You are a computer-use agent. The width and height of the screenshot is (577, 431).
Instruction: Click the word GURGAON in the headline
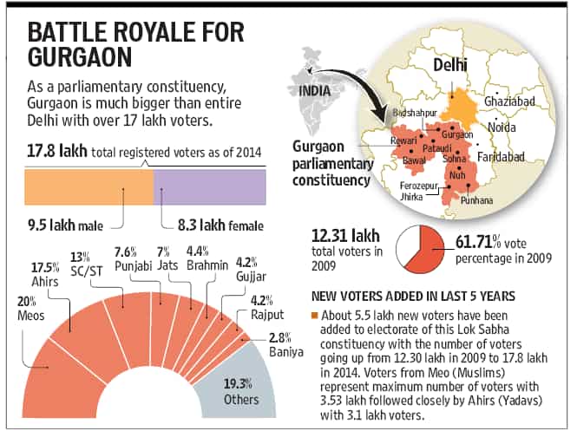80,56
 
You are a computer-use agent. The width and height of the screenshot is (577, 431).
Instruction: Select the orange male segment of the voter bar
89,186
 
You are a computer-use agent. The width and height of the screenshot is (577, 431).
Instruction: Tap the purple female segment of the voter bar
210,186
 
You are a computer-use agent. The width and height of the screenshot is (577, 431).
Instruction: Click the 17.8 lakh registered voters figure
57,151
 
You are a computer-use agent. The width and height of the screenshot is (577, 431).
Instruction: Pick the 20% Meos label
31,309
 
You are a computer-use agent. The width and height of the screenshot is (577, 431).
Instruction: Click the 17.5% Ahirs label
45,275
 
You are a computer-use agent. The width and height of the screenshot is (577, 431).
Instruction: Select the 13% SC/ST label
86,264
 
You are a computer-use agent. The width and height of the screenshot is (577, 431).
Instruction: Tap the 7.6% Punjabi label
134,259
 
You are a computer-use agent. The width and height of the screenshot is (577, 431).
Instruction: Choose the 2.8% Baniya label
286,345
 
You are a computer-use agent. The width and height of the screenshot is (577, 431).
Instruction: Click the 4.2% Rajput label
267,308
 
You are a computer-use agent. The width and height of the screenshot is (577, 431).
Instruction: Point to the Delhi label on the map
449,65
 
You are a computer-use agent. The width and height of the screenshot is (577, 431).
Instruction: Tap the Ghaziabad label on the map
509,101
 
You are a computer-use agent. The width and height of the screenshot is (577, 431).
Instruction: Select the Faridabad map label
501,157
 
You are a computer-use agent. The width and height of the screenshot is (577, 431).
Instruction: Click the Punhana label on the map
476,200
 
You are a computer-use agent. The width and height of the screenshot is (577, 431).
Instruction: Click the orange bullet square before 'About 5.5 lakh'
314,316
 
